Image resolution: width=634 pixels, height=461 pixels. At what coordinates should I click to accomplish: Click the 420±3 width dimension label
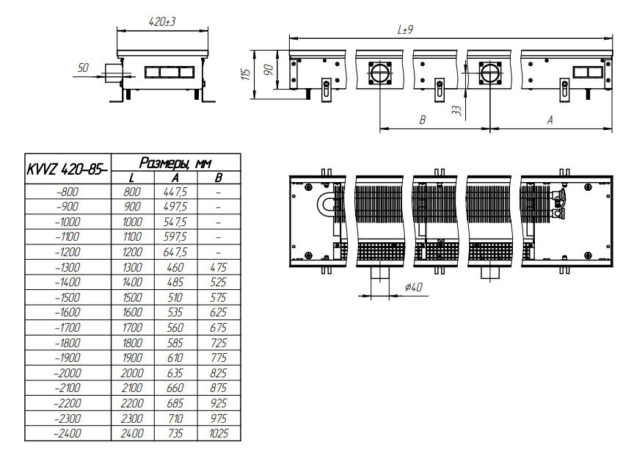click(x=162, y=21)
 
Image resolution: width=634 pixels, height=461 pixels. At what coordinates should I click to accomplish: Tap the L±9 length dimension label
click(x=405, y=29)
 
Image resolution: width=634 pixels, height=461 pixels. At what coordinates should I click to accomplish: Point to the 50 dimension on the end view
click(x=83, y=68)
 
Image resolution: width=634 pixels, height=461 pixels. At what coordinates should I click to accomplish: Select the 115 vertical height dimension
click(x=246, y=74)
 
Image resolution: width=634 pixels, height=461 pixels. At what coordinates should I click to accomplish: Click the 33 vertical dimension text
click(x=456, y=110)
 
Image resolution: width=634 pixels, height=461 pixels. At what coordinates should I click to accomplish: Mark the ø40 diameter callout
click(x=414, y=287)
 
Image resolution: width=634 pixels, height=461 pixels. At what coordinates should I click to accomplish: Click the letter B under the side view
click(x=423, y=120)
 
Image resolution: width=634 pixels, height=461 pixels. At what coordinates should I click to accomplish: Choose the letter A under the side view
click(x=550, y=120)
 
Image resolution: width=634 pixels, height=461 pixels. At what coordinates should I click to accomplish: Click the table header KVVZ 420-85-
click(x=67, y=169)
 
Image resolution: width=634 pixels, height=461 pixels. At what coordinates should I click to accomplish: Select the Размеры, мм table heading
click(x=175, y=162)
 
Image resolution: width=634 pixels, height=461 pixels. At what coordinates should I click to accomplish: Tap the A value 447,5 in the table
click(x=175, y=192)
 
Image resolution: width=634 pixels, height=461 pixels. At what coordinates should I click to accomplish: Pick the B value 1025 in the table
click(x=219, y=434)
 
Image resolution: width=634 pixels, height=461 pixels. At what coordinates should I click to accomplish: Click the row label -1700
click(x=68, y=327)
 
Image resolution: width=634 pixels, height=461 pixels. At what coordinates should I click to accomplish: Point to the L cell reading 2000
click(x=132, y=373)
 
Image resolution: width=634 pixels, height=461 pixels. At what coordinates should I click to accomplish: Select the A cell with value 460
click(x=175, y=267)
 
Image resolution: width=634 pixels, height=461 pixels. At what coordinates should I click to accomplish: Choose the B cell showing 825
click(x=219, y=373)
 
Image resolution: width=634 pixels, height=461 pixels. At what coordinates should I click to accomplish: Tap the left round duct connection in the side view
click(x=380, y=73)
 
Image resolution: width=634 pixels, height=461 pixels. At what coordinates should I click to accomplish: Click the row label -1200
click(x=68, y=252)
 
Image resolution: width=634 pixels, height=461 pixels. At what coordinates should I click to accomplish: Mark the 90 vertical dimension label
click(x=268, y=70)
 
